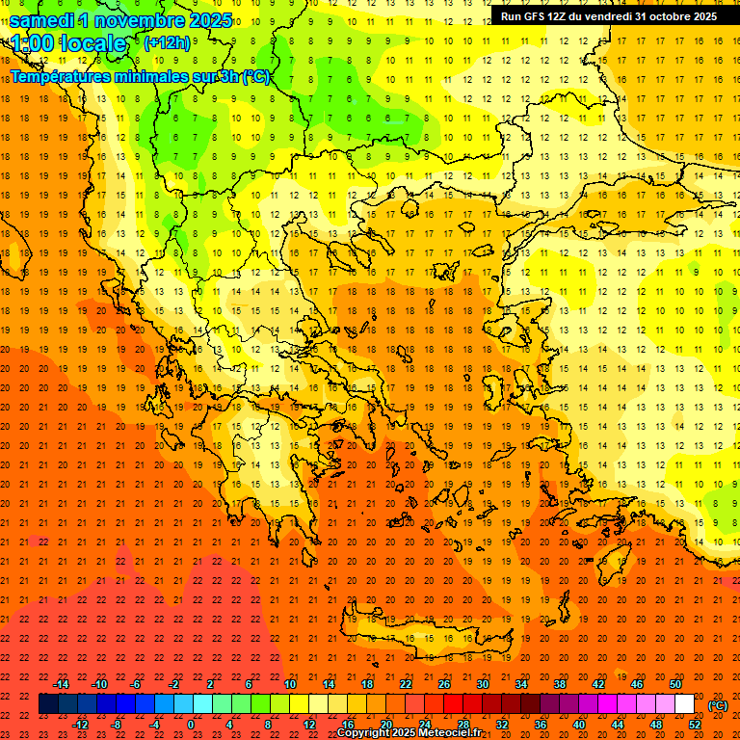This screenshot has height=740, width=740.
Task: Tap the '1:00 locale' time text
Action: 68,43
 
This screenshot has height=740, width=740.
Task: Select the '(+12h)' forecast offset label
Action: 167,42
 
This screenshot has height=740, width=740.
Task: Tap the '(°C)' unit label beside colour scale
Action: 717,704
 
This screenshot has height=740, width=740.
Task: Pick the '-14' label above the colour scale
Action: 62,684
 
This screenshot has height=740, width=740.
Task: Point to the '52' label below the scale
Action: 695,725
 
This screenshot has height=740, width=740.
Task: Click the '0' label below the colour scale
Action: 191,725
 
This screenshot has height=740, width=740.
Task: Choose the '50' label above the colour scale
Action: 675,684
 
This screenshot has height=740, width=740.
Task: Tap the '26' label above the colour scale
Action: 444,684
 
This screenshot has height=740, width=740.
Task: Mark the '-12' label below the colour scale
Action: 80,725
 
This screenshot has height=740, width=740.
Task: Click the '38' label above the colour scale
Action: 560,684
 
